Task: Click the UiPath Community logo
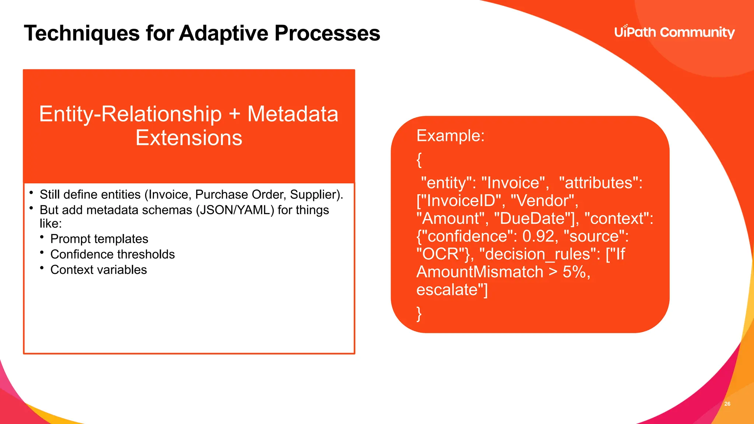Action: pyautogui.click(x=674, y=32)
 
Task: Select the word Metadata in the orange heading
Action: pyautogui.click(x=293, y=114)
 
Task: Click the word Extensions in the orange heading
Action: pyautogui.click(x=189, y=138)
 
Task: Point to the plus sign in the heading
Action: pyautogui.click(x=235, y=114)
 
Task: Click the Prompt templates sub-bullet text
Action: pyautogui.click(x=99, y=239)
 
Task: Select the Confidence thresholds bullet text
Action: pyautogui.click(x=112, y=254)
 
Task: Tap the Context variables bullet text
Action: pyautogui.click(x=98, y=270)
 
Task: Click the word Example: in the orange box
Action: pyautogui.click(x=450, y=135)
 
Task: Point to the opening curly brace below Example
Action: pyautogui.click(x=419, y=160)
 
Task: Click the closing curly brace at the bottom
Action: pyautogui.click(x=419, y=314)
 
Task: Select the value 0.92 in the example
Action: pyautogui.click(x=538, y=236)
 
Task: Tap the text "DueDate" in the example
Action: pyautogui.click(x=534, y=219)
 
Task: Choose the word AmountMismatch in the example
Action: pyautogui.click(x=480, y=272)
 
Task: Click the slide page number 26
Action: pyautogui.click(x=727, y=404)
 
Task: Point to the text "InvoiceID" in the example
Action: pyautogui.click(x=462, y=201)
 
